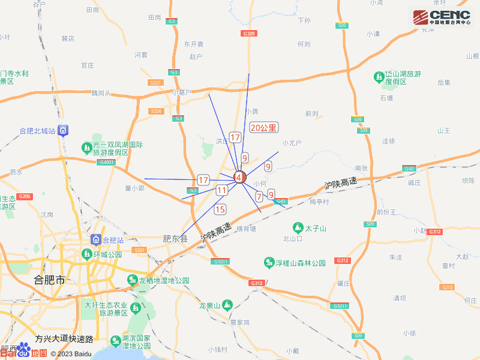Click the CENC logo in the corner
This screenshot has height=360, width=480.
click(441, 16)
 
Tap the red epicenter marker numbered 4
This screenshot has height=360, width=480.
click(239, 178)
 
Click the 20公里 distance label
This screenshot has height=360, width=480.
click(263, 128)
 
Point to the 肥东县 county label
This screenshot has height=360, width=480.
click(176, 238)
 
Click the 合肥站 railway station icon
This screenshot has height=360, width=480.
click(95, 241)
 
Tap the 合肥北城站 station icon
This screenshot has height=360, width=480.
click(64, 130)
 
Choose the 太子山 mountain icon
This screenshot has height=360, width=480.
click(298, 228)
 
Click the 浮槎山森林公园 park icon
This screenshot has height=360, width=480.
click(269, 263)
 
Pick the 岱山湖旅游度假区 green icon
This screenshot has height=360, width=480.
click(379, 77)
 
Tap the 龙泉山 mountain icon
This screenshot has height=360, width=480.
click(226, 305)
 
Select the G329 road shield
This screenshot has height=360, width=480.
click(250, 34)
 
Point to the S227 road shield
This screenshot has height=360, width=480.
click(156, 82)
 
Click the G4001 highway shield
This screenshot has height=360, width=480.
click(107, 163)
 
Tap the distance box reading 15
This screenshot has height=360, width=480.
click(220, 209)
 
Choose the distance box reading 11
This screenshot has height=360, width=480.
click(222, 190)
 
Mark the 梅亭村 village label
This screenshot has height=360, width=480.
click(319, 202)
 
